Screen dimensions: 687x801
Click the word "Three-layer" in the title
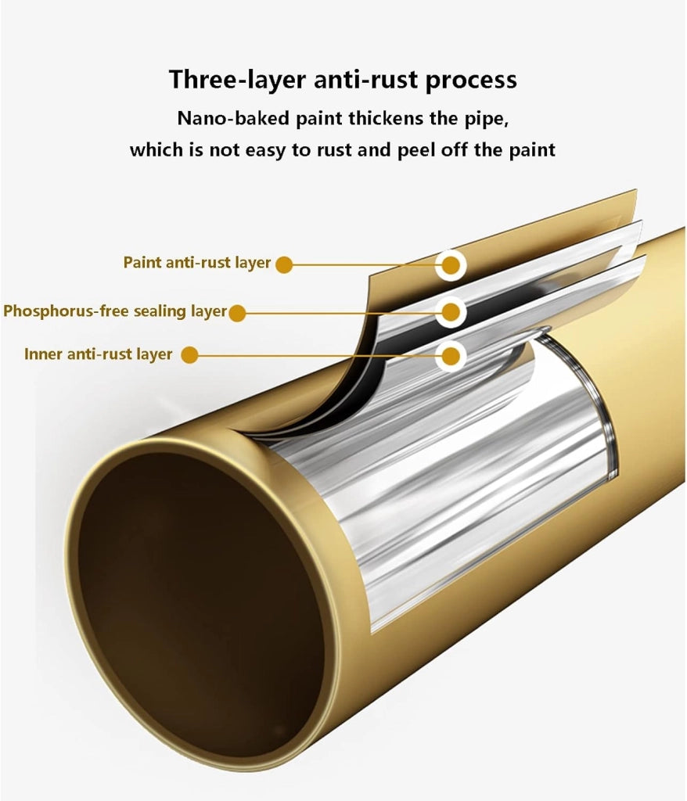pyautogui.click(x=238, y=80)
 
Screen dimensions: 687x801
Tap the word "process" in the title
pyautogui.click(x=471, y=81)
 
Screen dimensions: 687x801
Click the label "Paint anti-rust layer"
pyautogui.click(x=197, y=263)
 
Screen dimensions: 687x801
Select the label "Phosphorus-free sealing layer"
pyautogui.click(x=115, y=311)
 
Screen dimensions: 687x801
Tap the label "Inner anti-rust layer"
pyautogui.click(x=98, y=354)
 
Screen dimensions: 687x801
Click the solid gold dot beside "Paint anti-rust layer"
pyautogui.click(x=284, y=264)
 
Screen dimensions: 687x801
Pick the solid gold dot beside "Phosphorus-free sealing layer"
pyautogui.click(x=236, y=313)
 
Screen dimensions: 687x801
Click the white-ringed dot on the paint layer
pyautogui.click(x=451, y=265)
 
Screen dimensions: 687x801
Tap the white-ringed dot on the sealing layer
pyautogui.click(x=451, y=311)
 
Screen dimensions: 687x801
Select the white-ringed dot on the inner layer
pyautogui.click(x=451, y=356)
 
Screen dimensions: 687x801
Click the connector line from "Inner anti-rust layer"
pyautogui.click(x=317, y=356)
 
